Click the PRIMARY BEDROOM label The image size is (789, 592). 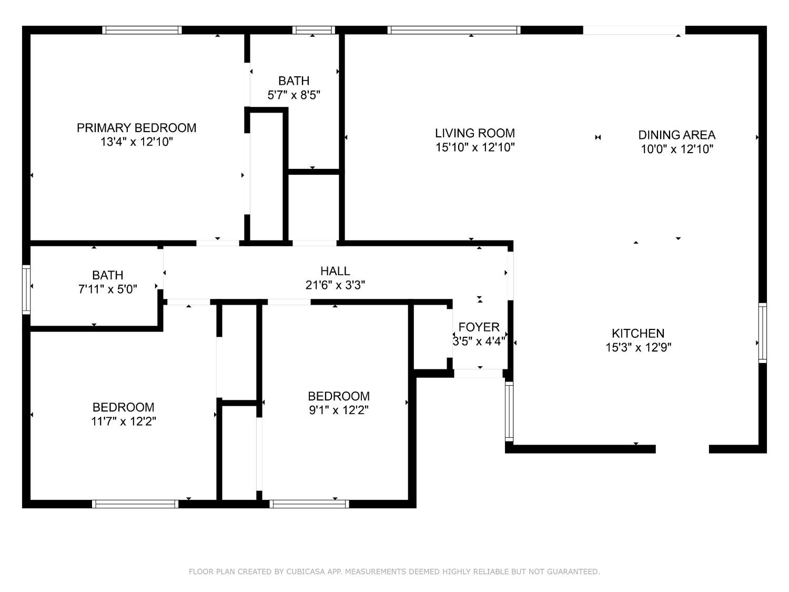click(x=137, y=127)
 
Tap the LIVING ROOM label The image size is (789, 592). click(x=475, y=133)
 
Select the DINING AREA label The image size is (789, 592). click(x=677, y=135)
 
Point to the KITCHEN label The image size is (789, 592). click(x=638, y=333)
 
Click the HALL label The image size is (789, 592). click(x=335, y=270)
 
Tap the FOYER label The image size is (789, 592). click(x=479, y=327)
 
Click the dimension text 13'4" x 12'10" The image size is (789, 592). click(x=137, y=142)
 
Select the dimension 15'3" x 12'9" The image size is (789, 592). click(x=639, y=347)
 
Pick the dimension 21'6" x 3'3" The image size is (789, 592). click(x=335, y=285)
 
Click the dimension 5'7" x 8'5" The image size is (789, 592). click(x=294, y=95)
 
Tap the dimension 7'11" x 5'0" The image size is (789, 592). click(x=108, y=289)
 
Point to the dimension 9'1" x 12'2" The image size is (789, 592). click(x=339, y=410)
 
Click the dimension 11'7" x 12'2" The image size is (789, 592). click(x=123, y=421)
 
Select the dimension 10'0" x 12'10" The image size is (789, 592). click(x=677, y=149)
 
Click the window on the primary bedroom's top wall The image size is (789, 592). click(x=142, y=30)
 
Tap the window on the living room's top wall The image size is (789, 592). click(x=454, y=30)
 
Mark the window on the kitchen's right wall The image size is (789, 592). click(x=762, y=333)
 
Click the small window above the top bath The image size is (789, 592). click(x=313, y=30)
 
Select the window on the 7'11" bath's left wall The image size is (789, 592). click(x=26, y=290)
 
